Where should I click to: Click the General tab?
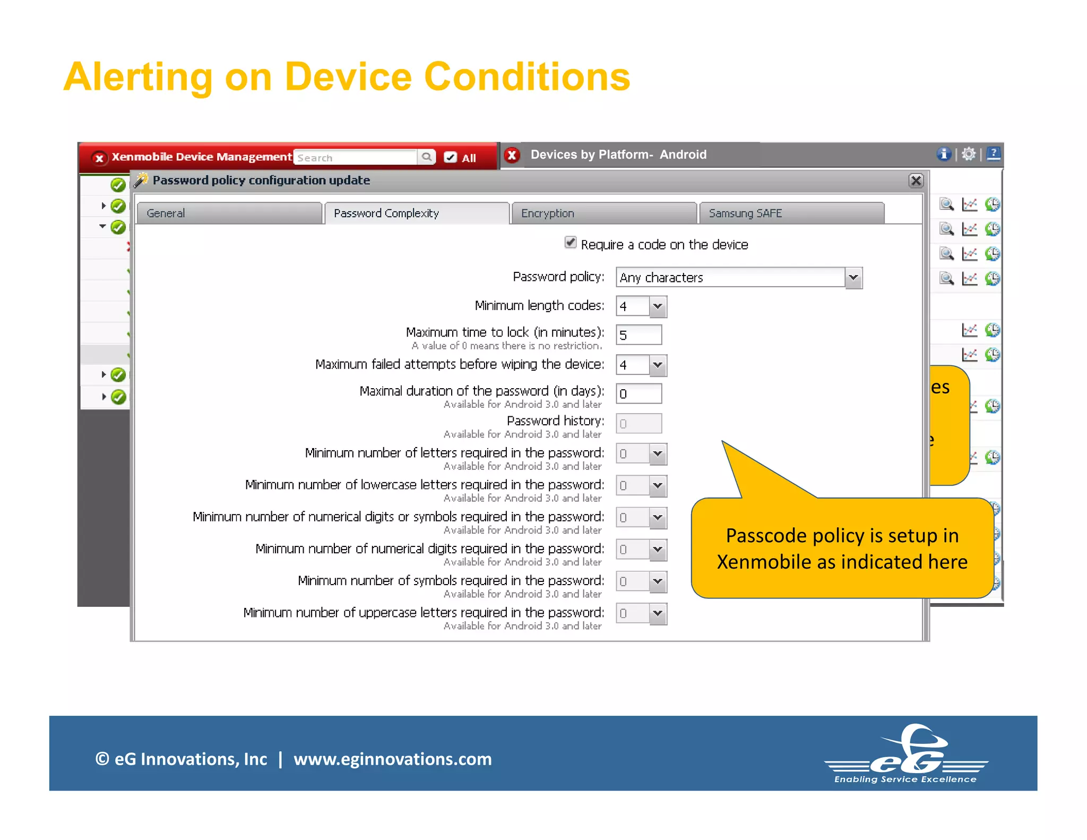click(229, 213)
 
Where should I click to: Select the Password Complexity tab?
click(417, 213)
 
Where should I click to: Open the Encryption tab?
click(603, 213)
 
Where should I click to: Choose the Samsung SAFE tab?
click(791, 213)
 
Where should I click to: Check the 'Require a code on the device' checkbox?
click(571, 243)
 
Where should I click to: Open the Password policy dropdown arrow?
click(853, 278)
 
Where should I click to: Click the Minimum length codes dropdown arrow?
click(658, 306)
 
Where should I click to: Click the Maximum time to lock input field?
click(639, 335)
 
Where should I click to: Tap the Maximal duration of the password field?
click(639, 394)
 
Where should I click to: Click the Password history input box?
click(639, 424)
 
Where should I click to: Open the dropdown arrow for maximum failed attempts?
click(658, 365)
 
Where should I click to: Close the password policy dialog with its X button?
click(916, 181)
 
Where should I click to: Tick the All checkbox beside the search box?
click(450, 157)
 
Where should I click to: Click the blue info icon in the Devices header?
click(943, 154)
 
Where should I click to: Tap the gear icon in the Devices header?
click(969, 154)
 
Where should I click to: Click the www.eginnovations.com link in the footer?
click(393, 759)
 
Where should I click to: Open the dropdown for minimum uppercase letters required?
click(658, 614)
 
